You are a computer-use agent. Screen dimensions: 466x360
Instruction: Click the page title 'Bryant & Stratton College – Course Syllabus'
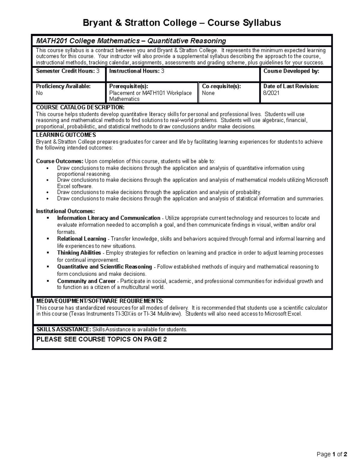(182, 23)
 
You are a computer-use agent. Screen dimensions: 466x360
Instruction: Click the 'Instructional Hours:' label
(134, 71)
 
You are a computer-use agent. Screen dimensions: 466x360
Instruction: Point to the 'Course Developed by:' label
(291, 71)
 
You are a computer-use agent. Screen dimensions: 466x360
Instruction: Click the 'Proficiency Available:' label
(63, 86)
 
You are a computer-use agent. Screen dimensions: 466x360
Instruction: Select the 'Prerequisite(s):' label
(129, 86)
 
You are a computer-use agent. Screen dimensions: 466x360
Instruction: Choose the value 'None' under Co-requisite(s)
(208, 93)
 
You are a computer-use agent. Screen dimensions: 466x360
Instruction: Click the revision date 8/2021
(271, 93)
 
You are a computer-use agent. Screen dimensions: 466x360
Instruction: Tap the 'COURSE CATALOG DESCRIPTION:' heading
(80, 107)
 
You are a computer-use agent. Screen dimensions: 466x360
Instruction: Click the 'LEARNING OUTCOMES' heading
(66, 135)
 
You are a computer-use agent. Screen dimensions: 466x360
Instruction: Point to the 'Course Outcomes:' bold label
(59, 161)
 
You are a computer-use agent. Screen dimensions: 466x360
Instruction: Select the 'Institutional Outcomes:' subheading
(65, 211)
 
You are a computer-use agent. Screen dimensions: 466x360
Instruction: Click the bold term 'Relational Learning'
(82, 239)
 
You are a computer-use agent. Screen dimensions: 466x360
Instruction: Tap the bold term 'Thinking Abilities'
(79, 253)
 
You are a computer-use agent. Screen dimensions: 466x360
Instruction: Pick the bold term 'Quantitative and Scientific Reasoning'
(104, 267)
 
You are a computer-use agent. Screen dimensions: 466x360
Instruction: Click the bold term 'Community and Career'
(86, 281)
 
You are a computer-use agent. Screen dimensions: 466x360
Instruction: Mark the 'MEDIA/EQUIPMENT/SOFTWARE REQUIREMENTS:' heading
(100, 301)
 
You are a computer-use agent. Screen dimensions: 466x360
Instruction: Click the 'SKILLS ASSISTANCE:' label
(64, 329)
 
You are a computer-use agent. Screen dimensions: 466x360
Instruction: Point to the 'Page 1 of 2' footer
(332, 454)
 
